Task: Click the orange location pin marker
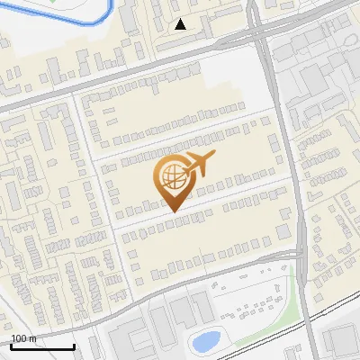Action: click(175, 180)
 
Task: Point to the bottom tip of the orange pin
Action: click(175, 211)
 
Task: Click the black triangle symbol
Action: click(181, 24)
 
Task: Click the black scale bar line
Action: click(41, 346)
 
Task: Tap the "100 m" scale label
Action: click(23, 338)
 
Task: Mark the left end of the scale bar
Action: click(10, 346)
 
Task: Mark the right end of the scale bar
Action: click(74, 346)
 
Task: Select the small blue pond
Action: click(206, 341)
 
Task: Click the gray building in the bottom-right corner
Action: click(340, 339)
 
